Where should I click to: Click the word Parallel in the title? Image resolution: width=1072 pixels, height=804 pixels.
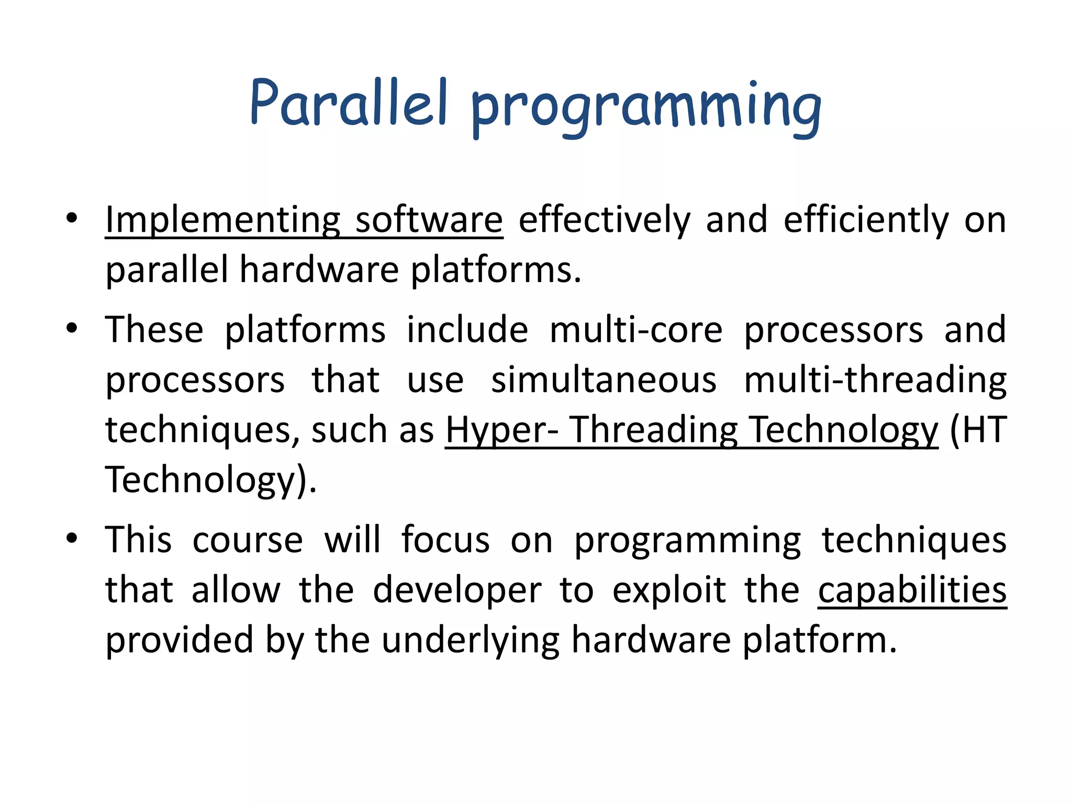point(348,103)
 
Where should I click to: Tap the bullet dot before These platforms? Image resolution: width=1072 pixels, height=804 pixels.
point(72,328)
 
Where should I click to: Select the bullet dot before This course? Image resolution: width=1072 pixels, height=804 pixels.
point(72,538)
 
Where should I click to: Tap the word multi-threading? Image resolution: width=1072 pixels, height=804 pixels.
point(875,381)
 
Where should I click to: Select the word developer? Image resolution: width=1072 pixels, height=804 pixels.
point(457,590)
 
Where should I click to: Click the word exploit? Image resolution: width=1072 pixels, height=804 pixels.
point(669,590)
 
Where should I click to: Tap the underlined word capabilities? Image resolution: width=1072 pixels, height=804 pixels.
point(912,590)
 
